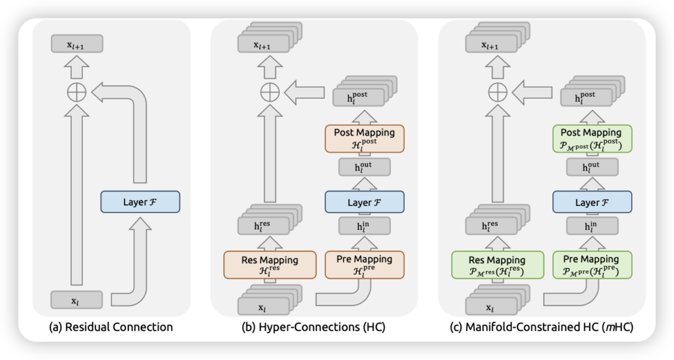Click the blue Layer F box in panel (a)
tap(140, 201)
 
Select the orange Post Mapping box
tap(364, 138)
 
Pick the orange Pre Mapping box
tap(364, 265)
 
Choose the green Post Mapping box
tap(590, 138)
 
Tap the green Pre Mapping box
tap(590, 265)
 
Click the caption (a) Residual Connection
tap(111, 326)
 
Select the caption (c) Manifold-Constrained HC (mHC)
tap(540, 326)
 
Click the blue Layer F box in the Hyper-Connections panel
tap(364, 202)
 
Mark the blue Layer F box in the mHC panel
tap(590, 202)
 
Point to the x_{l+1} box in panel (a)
tap(78, 45)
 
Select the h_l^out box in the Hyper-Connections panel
tap(364, 167)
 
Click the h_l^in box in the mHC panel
tap(590, 227)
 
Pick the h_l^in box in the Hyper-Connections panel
tap(364, 227)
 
